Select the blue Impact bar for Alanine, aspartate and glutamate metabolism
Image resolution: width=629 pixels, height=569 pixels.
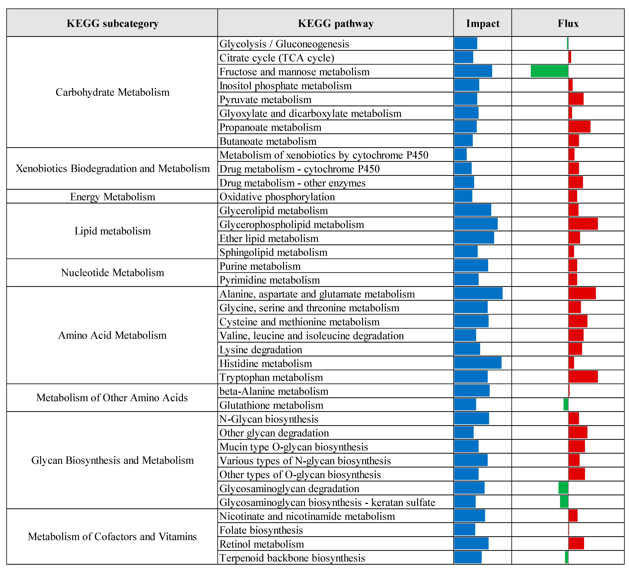[x=478, y=293]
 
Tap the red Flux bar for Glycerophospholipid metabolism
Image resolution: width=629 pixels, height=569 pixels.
[x=583, y=224]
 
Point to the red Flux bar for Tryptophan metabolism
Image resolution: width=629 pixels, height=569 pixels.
[x=583, y=377]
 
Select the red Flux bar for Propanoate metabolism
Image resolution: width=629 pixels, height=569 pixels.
[x=579, y=127]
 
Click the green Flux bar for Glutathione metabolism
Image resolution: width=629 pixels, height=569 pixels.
[x=566, y=404]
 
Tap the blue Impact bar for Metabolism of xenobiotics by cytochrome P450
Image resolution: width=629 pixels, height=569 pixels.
[x=460, y=154]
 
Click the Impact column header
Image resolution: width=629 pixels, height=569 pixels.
[x=482, y=23]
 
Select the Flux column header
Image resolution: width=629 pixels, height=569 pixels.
[x=568, y=23]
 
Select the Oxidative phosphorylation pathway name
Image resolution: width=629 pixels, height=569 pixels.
[x=277, y=197]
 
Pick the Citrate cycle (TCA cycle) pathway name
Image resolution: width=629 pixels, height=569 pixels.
[x=277, y=58]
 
